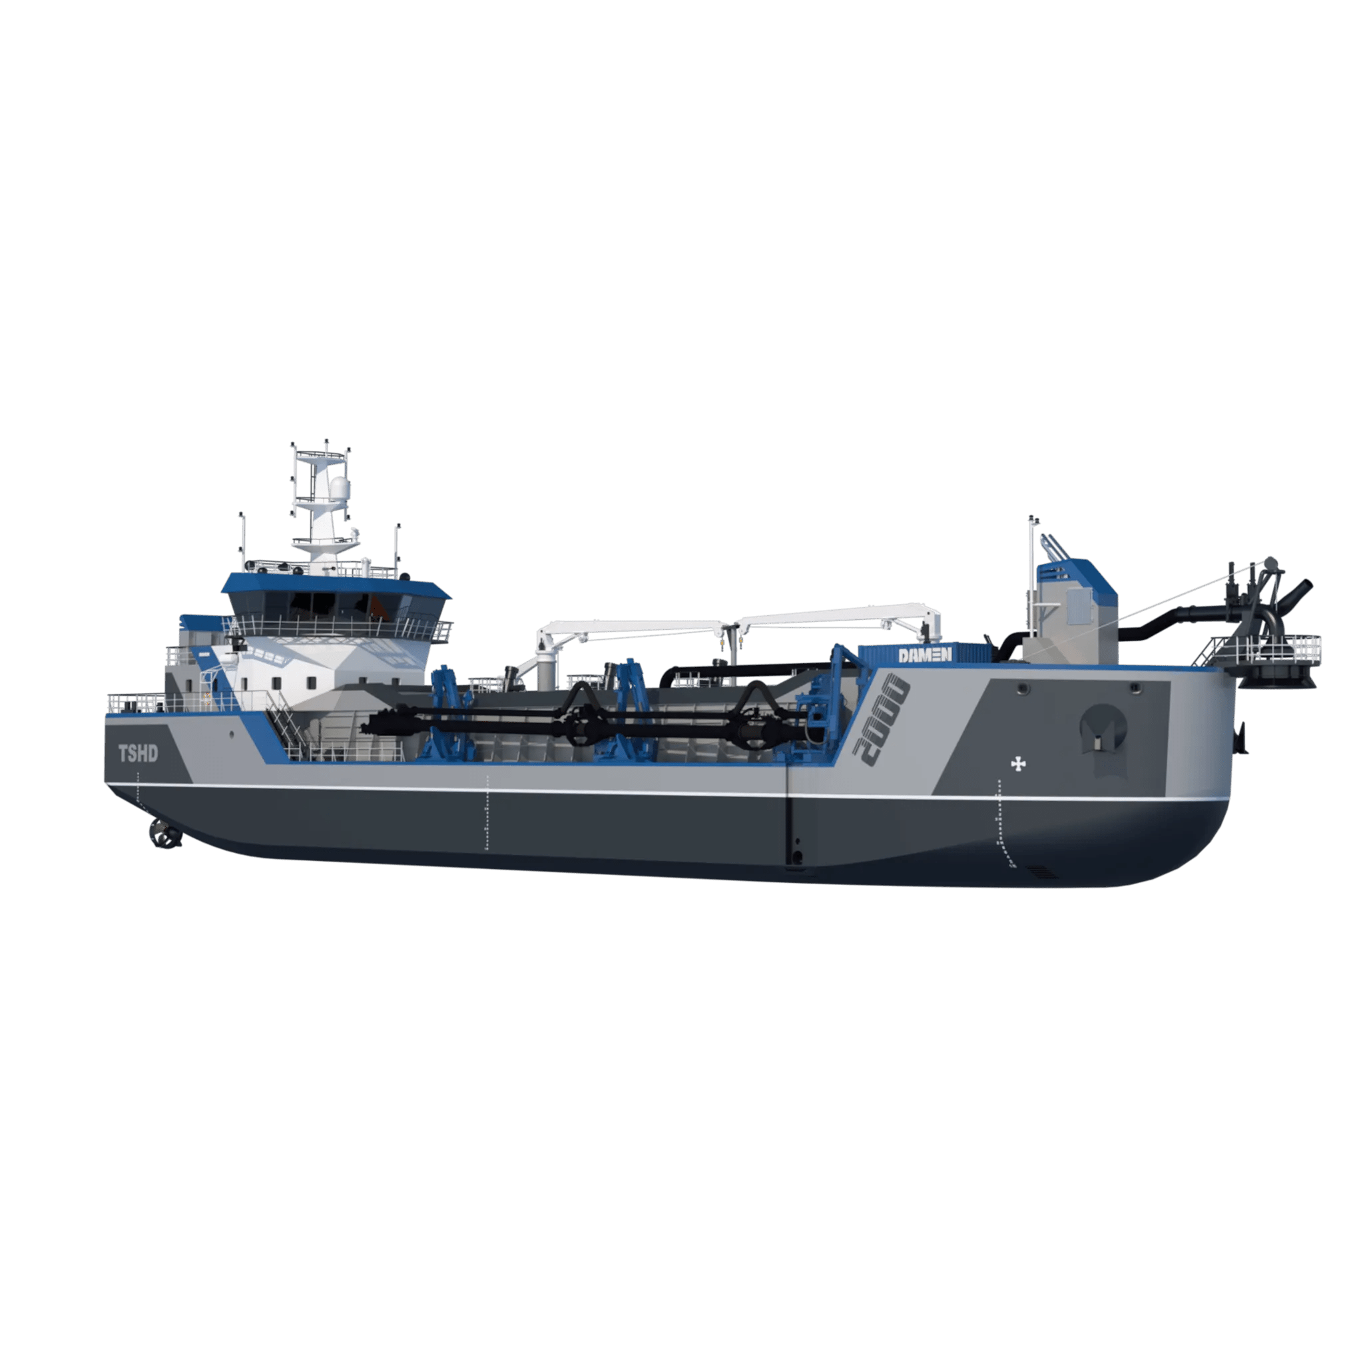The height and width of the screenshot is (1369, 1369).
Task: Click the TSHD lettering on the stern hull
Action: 138,753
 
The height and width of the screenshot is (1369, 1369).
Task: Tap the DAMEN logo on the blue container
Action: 925,655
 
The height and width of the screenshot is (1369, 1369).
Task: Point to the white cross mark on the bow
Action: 1018,764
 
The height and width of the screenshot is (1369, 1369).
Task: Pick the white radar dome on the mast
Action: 340,488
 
